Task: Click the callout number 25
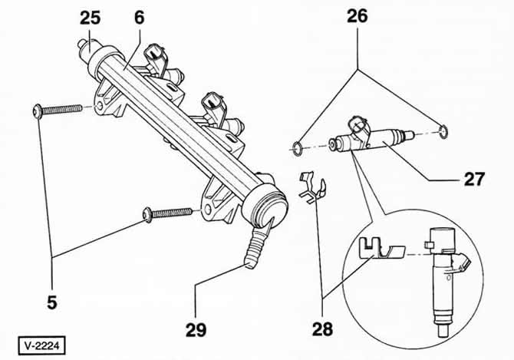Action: pos(90,18)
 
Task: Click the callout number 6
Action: pos(140,18)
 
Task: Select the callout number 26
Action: pos(357,16)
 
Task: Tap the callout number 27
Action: pos(474,179)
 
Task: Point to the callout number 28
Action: pos(322,329)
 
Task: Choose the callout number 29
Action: pos(196,330)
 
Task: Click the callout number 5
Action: pos(52,302)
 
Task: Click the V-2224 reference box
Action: pos(41,345)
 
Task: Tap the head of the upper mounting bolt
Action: pos(37,111)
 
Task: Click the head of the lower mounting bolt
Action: pos(147,215)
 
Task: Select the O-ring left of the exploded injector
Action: pos(297,149)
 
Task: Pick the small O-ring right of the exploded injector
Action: pos(443,132)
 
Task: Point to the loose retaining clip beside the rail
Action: pos(312,188)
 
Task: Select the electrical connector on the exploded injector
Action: pos(359,127)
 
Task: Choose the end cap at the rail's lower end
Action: pos(265,206)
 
